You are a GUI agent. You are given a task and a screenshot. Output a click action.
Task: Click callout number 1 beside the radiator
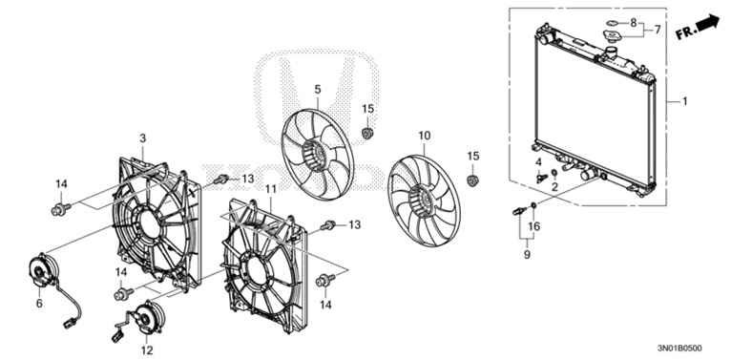[x=683, y=100]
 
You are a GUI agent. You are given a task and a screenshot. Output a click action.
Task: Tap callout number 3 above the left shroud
[x=142, y=138]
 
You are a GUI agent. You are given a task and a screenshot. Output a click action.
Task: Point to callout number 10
[x=425, y=136]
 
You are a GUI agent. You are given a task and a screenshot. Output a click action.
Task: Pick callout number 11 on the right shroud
[x=270, y=190]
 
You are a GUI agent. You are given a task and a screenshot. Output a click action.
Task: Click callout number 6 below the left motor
[x=39, y=304]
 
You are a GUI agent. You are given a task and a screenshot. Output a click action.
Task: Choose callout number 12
[x=146, y=350]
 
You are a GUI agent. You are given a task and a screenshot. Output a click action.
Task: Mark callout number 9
[x=525, y=255]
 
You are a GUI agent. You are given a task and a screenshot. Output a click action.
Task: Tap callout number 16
[x=534, y=226]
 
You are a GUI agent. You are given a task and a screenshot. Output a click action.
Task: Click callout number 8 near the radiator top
[x=633, y=21]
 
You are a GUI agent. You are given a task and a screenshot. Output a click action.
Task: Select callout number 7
[x=657, y=31]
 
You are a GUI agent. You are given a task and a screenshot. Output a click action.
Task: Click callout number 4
[x=539, y=163]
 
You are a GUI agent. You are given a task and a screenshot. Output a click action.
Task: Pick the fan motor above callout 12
[x=145, y=317]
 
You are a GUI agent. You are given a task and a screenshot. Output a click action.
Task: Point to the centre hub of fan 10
[x=419, y=202]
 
